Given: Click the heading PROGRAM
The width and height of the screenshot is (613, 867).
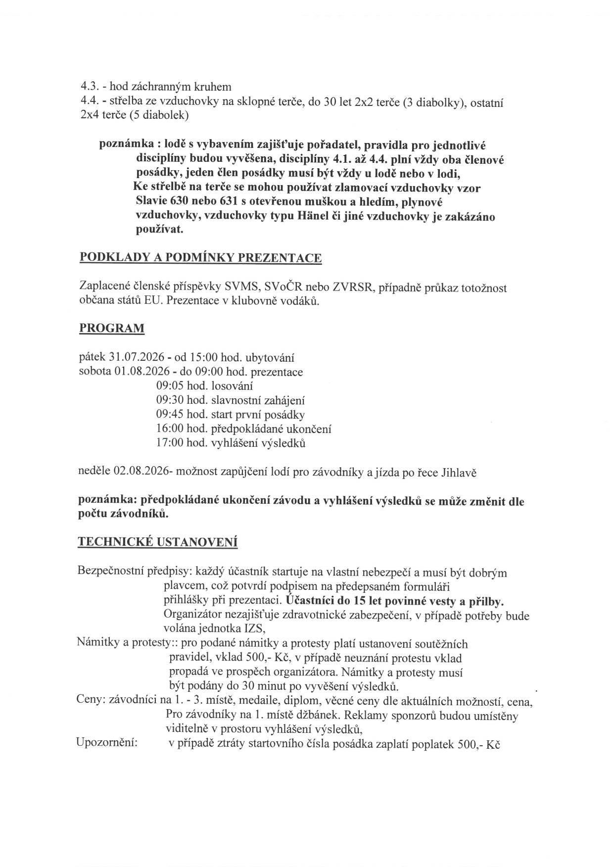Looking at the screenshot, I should click(112, 329).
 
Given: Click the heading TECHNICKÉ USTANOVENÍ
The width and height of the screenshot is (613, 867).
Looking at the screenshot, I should click(157, 542).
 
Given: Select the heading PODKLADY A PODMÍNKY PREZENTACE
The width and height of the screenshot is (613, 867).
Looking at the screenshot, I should click(200, 258).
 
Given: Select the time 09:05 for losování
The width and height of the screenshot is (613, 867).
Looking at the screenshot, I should click(169, 386).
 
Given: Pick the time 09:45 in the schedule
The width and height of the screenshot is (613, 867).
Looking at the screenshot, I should click(169, 415).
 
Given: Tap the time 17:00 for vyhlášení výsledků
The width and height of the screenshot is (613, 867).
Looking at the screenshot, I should click(169, 443).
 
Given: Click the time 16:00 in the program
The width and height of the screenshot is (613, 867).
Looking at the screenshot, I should click(169, 429).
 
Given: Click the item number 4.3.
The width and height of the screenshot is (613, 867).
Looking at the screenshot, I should click(89, 88).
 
